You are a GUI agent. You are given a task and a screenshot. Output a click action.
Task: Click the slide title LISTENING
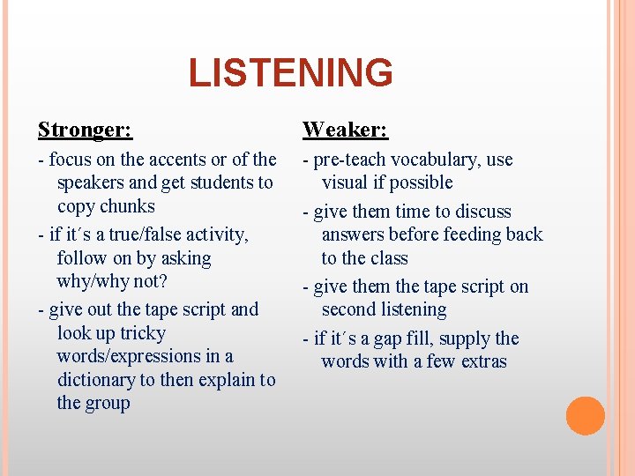click(290, 73)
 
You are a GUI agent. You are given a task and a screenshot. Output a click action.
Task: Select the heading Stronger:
click(85, 130)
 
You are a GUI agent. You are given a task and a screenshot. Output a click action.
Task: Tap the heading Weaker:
click(345, 130)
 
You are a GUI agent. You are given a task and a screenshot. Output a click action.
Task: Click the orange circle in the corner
click(585, 416)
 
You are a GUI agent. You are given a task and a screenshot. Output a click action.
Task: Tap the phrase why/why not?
click(112, 282)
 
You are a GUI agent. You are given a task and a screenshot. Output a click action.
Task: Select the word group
click(108, 403)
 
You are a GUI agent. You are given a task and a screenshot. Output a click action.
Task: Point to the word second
click(350, 309)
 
